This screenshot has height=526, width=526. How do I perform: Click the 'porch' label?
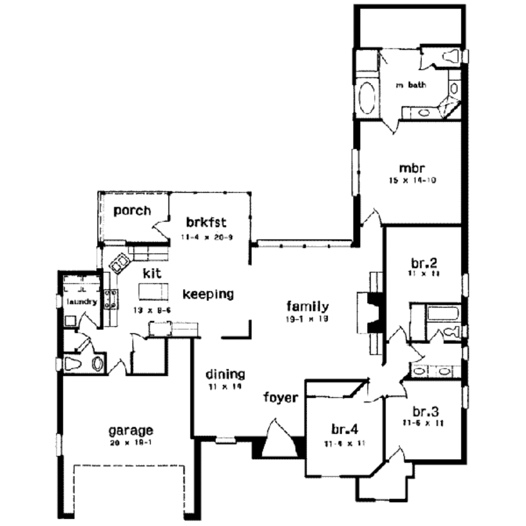pyautogui.click(x=132, y=211)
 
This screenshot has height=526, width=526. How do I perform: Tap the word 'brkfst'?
pyautogui.click(x=206, y=223)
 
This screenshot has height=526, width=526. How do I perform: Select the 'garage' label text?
pyautogui.click(x=130, y=429)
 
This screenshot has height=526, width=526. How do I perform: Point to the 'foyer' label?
pyautogui.click(x=280, y=398)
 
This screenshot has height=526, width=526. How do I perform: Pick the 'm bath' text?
pyautogui.click(x=411, y=85)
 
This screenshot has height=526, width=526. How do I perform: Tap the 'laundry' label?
pyautogui.click(x=82, y=302)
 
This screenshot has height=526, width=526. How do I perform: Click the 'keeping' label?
pyautogui.click(x=209, y=294)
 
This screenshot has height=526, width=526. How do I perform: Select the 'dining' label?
pyautogui.click(x=225, y=374)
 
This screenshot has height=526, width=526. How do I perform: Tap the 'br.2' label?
pyautogui.click(x=424, y=264)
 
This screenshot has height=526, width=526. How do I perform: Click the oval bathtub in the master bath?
pyautogui.click(x=366, y=98)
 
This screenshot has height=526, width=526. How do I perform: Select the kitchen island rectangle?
pyautogui.click(x=153, y=292)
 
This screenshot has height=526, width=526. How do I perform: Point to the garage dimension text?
pyautogui.click(x=130, y=442)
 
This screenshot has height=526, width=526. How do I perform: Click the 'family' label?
pyautogui.click(x=308, y=307)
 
